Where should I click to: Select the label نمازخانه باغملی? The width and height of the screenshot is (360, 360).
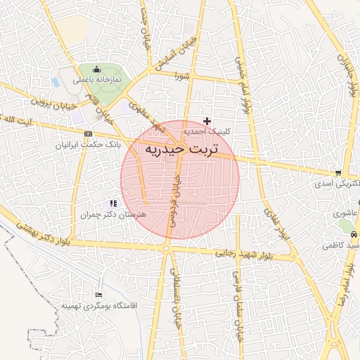click(98, 80)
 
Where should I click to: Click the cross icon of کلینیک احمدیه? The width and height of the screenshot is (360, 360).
click(207, 121)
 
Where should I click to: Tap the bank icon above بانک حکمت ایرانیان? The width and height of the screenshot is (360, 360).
click(88, 134)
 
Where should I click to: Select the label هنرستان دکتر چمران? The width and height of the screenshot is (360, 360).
click(113, 213)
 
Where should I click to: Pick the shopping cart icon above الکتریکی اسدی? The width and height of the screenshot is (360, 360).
click(339, 173)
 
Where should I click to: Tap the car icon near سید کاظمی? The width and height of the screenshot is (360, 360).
click(354, 233)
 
